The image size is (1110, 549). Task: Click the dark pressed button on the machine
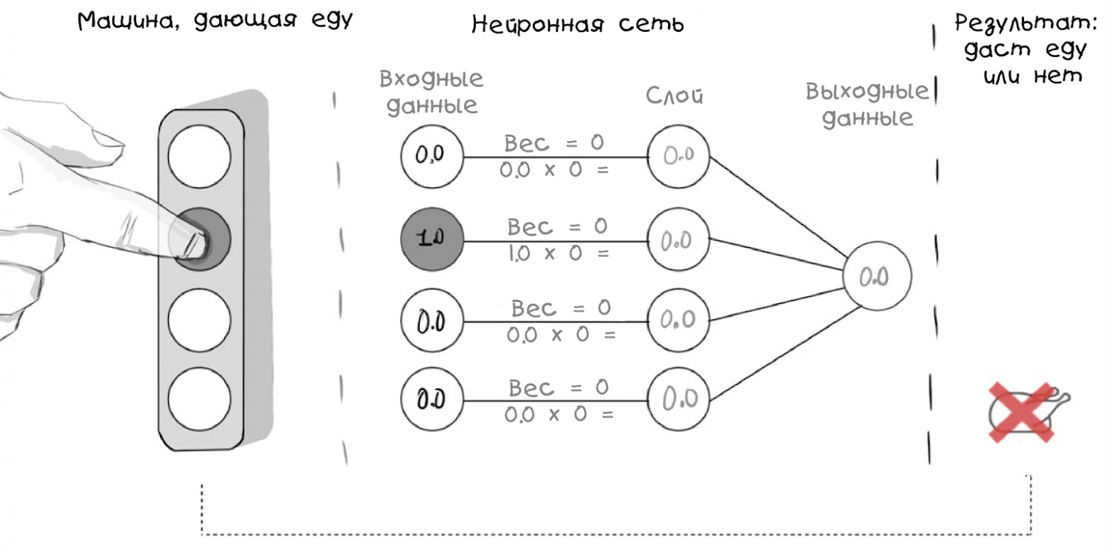click(200, 239)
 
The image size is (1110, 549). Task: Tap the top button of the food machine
click(200, 157)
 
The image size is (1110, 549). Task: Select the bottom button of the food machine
click(200, 397)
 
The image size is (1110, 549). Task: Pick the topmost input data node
click(431, 157)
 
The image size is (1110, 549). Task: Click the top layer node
click(679, 157)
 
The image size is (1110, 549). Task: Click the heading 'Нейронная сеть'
click(577, 26)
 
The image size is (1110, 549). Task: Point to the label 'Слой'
click(675, 96)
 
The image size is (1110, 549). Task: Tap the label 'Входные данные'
click(431, 93)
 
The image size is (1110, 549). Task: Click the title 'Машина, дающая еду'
click(216, 21)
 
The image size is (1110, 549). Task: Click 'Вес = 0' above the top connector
click(554, 144)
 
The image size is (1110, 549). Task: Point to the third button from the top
click(200, 317)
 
